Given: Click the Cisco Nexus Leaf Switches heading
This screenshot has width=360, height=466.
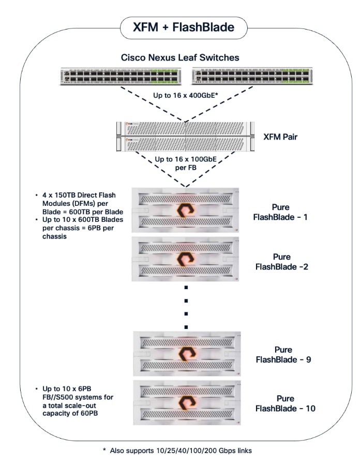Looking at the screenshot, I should coord(179,57).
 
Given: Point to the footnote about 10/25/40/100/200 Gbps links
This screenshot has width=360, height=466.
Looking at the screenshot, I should coord(181,450).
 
